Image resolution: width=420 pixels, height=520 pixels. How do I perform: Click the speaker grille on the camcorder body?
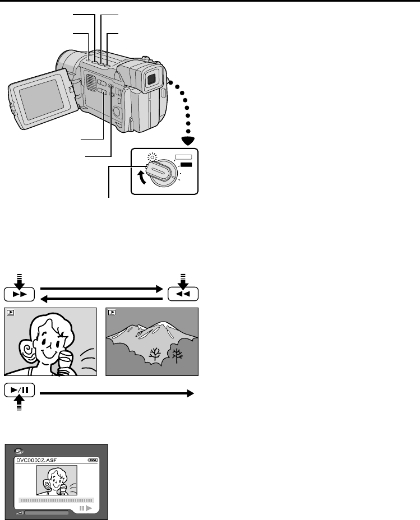[92, 84]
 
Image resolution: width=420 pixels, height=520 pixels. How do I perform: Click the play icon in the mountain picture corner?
[112, 313]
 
